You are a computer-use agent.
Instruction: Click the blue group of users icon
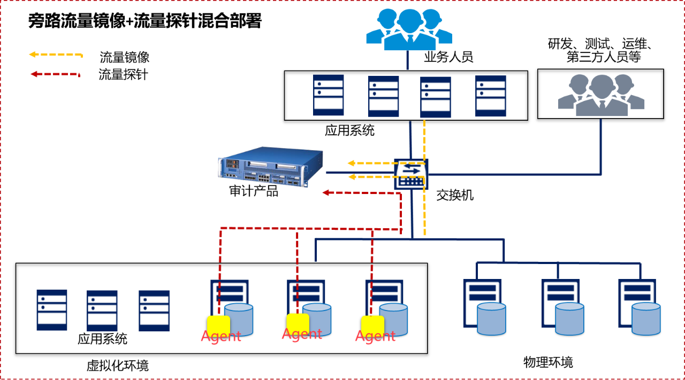pos(409,29)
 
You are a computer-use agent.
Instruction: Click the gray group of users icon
pos(602,95)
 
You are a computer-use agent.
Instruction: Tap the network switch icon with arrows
pos(411,174)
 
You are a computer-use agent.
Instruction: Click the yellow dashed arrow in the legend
pos(56,55)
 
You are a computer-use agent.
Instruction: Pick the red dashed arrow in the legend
pos(55,74)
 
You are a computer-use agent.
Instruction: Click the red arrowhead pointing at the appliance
pos(325,192)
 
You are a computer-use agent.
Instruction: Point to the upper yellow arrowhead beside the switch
pos(351,163)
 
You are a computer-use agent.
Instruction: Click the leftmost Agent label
pos(221,337)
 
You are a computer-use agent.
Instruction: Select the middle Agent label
pos(302,335)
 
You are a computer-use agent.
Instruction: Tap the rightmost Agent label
pos(375,336)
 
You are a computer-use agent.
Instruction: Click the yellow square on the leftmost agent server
pos(218,325)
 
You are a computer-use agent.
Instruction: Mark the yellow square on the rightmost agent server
pos(372,325)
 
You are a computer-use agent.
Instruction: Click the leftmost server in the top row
pos(329,95)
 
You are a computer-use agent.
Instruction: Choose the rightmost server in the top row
pos(490,96)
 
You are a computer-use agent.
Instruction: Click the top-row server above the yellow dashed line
pos(435,97)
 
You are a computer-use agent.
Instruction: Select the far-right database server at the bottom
pos(639,307)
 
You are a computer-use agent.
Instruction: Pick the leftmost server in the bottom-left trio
pos(52,310)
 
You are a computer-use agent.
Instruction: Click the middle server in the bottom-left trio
pos(102,311)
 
